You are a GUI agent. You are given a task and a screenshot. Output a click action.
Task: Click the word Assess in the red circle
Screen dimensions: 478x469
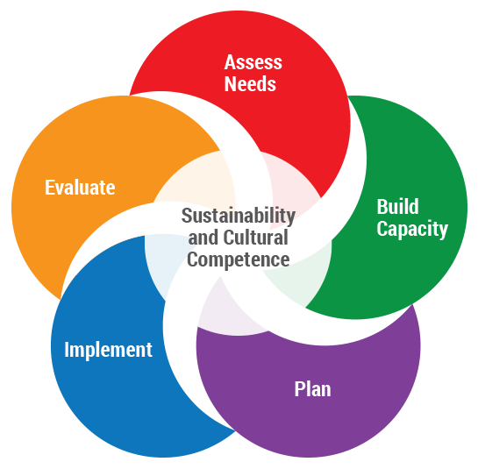pos(253,62)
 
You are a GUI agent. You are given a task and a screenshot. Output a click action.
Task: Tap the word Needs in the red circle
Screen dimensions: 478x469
pos(250,84)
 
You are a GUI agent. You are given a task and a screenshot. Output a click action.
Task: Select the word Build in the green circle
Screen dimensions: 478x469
pos(397,206)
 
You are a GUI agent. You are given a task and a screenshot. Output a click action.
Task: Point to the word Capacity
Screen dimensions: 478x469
pos(412,229)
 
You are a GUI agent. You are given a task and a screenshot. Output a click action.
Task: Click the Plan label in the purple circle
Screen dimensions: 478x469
pos(312,389)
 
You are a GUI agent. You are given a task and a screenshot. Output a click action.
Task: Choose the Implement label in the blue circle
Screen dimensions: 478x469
pos(108,350)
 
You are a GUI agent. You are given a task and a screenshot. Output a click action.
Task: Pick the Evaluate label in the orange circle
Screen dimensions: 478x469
pos(80,187)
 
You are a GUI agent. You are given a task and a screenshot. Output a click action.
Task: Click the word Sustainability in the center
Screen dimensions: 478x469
pos(238,216)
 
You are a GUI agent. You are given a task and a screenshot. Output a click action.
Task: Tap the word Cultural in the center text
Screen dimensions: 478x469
pos(255,238)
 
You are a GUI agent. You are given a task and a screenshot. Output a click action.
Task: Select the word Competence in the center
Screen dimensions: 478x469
pos(238,260)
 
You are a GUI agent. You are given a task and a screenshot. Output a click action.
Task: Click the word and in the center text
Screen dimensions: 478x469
pos(203,238)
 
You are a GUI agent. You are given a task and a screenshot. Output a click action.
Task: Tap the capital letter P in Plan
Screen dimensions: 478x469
pos(299,389)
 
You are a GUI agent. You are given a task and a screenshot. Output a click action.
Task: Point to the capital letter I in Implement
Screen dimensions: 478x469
pos(67,349)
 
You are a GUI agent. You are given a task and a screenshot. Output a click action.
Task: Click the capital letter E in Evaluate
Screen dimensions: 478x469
pos(49,187)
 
